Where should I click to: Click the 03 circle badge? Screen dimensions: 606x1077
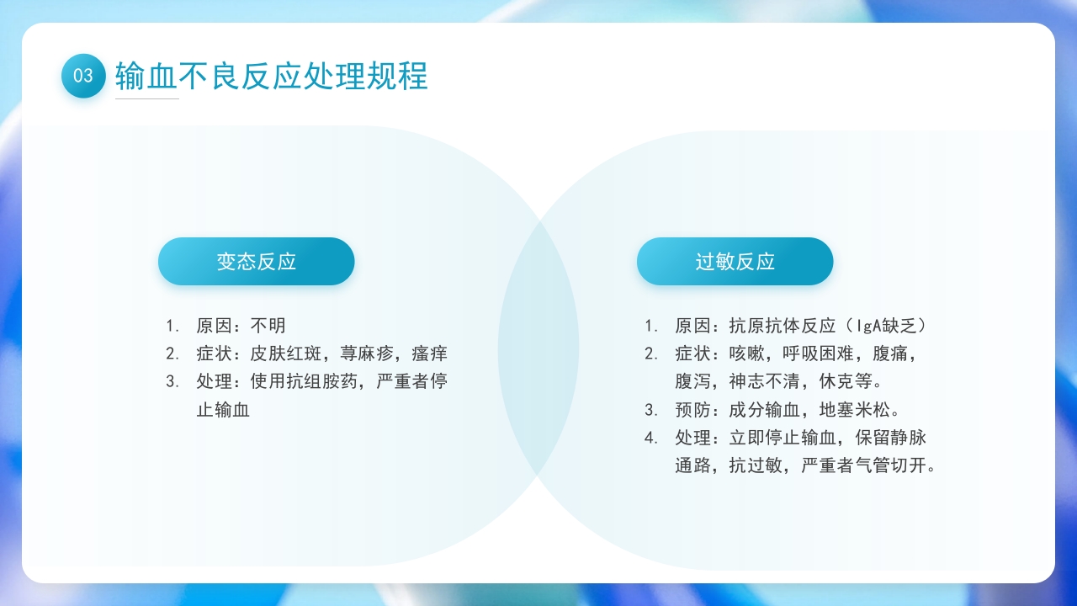point(83,76)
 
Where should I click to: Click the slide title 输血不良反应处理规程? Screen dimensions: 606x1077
point(271,76)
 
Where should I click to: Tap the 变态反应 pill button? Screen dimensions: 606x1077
point(257,262)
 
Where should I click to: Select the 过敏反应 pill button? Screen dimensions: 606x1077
point(735,262)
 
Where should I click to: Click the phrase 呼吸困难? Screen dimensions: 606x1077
point(819,353)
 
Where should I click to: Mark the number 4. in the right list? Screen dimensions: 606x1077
point(651,438)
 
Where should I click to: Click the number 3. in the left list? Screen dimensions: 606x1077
point(172,381)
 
